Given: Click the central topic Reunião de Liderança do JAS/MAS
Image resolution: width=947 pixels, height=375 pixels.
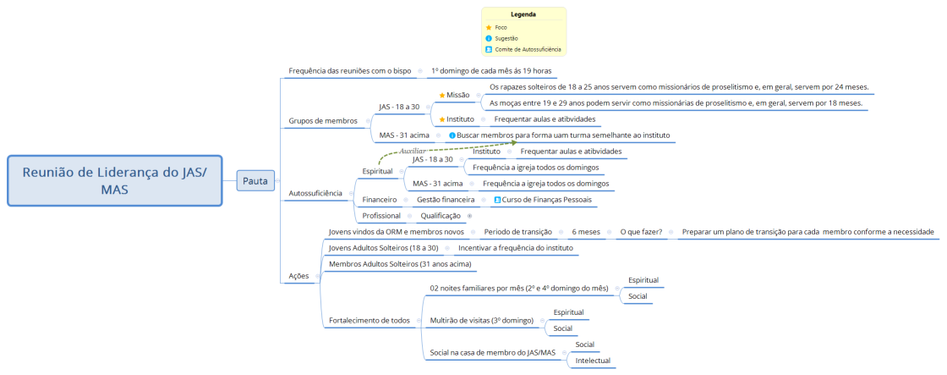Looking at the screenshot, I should point(114,180).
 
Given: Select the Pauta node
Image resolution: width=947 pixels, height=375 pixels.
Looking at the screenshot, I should point(255,180).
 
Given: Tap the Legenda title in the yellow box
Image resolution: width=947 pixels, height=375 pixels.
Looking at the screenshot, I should point(523,14).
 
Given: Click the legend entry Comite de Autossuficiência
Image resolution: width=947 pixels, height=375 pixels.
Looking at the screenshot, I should point(528,49).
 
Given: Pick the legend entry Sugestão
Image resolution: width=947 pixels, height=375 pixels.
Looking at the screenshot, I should point(506,38).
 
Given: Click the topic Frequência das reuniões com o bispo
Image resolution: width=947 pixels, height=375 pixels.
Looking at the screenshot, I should point(350,70).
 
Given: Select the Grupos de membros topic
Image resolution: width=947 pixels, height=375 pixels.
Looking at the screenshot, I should point(323,120).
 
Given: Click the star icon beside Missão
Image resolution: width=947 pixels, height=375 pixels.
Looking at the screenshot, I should point(442,95).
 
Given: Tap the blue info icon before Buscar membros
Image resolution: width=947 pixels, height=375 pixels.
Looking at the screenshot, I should point(452,135).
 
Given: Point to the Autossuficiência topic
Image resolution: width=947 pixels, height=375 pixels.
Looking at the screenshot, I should point(315,193).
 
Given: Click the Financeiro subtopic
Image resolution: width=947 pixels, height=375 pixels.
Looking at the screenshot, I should point(380,200).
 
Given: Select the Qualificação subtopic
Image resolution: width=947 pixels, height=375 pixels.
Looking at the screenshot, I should point(441,216).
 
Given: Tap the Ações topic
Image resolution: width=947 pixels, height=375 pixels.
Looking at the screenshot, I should point(298,276).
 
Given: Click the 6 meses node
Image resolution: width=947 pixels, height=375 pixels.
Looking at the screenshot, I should point(586,231).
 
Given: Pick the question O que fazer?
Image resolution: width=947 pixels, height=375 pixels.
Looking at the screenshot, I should point(642,231).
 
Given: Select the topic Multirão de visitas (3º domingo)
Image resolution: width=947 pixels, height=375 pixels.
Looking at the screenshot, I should point(481,320).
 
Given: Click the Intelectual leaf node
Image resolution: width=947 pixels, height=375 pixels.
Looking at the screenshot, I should point(593,361).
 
